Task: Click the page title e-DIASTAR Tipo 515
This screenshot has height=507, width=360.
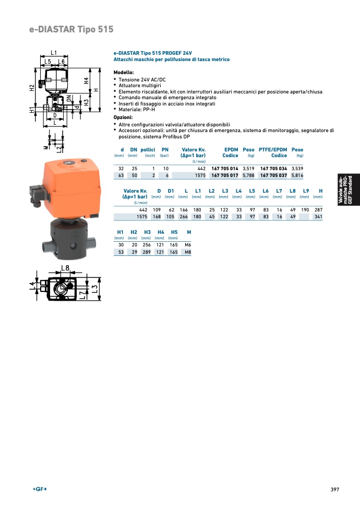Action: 71,29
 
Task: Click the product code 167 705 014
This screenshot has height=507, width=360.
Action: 224,169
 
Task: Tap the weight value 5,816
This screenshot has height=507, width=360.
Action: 297,175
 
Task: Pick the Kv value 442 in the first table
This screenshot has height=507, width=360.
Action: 201,169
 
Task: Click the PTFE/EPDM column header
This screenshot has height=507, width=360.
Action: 273,150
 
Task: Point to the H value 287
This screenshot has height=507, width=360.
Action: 319,210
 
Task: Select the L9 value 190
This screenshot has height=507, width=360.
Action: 305,210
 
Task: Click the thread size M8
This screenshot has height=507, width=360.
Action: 188,252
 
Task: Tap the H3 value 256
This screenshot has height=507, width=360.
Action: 147,245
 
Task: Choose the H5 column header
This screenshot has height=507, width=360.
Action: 174,232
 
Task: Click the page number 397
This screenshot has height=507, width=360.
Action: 335,490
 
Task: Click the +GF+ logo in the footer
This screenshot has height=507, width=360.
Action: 40,489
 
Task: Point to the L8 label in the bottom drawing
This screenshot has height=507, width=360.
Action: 65,268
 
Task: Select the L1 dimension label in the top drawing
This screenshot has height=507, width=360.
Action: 54,53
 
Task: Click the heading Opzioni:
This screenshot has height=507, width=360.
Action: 123,117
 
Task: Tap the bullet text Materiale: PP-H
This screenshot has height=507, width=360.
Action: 137,110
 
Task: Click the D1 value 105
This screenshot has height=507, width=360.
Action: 170,217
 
